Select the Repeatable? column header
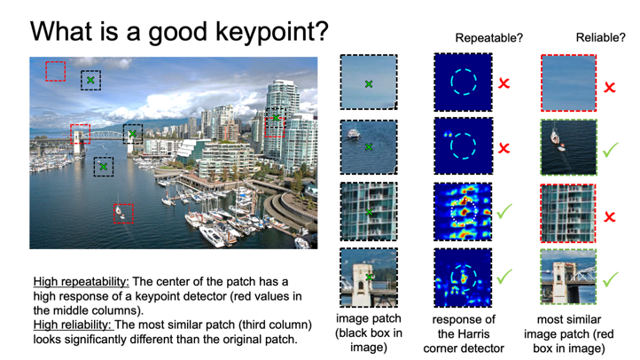488,38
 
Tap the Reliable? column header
600,37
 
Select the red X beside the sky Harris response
504,82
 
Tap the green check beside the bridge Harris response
504,277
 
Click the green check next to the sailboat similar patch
611,150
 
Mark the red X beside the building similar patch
610,216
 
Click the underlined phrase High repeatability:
82,282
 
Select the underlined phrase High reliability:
73,325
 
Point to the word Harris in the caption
464,334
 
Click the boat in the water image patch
353,134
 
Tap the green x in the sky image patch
369,84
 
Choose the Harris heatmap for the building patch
463,211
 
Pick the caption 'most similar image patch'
569,326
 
